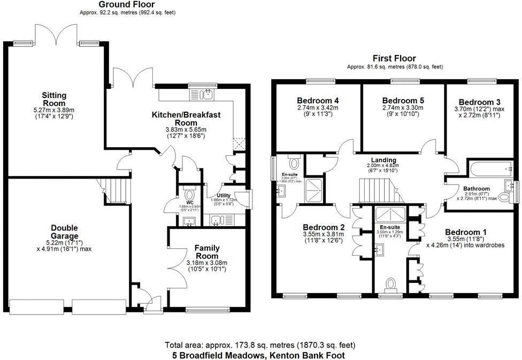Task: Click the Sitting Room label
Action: [54, 99]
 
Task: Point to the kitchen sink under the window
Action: [205, 95]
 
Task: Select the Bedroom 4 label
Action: [318, 101]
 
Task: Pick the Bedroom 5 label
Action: [403, 101]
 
